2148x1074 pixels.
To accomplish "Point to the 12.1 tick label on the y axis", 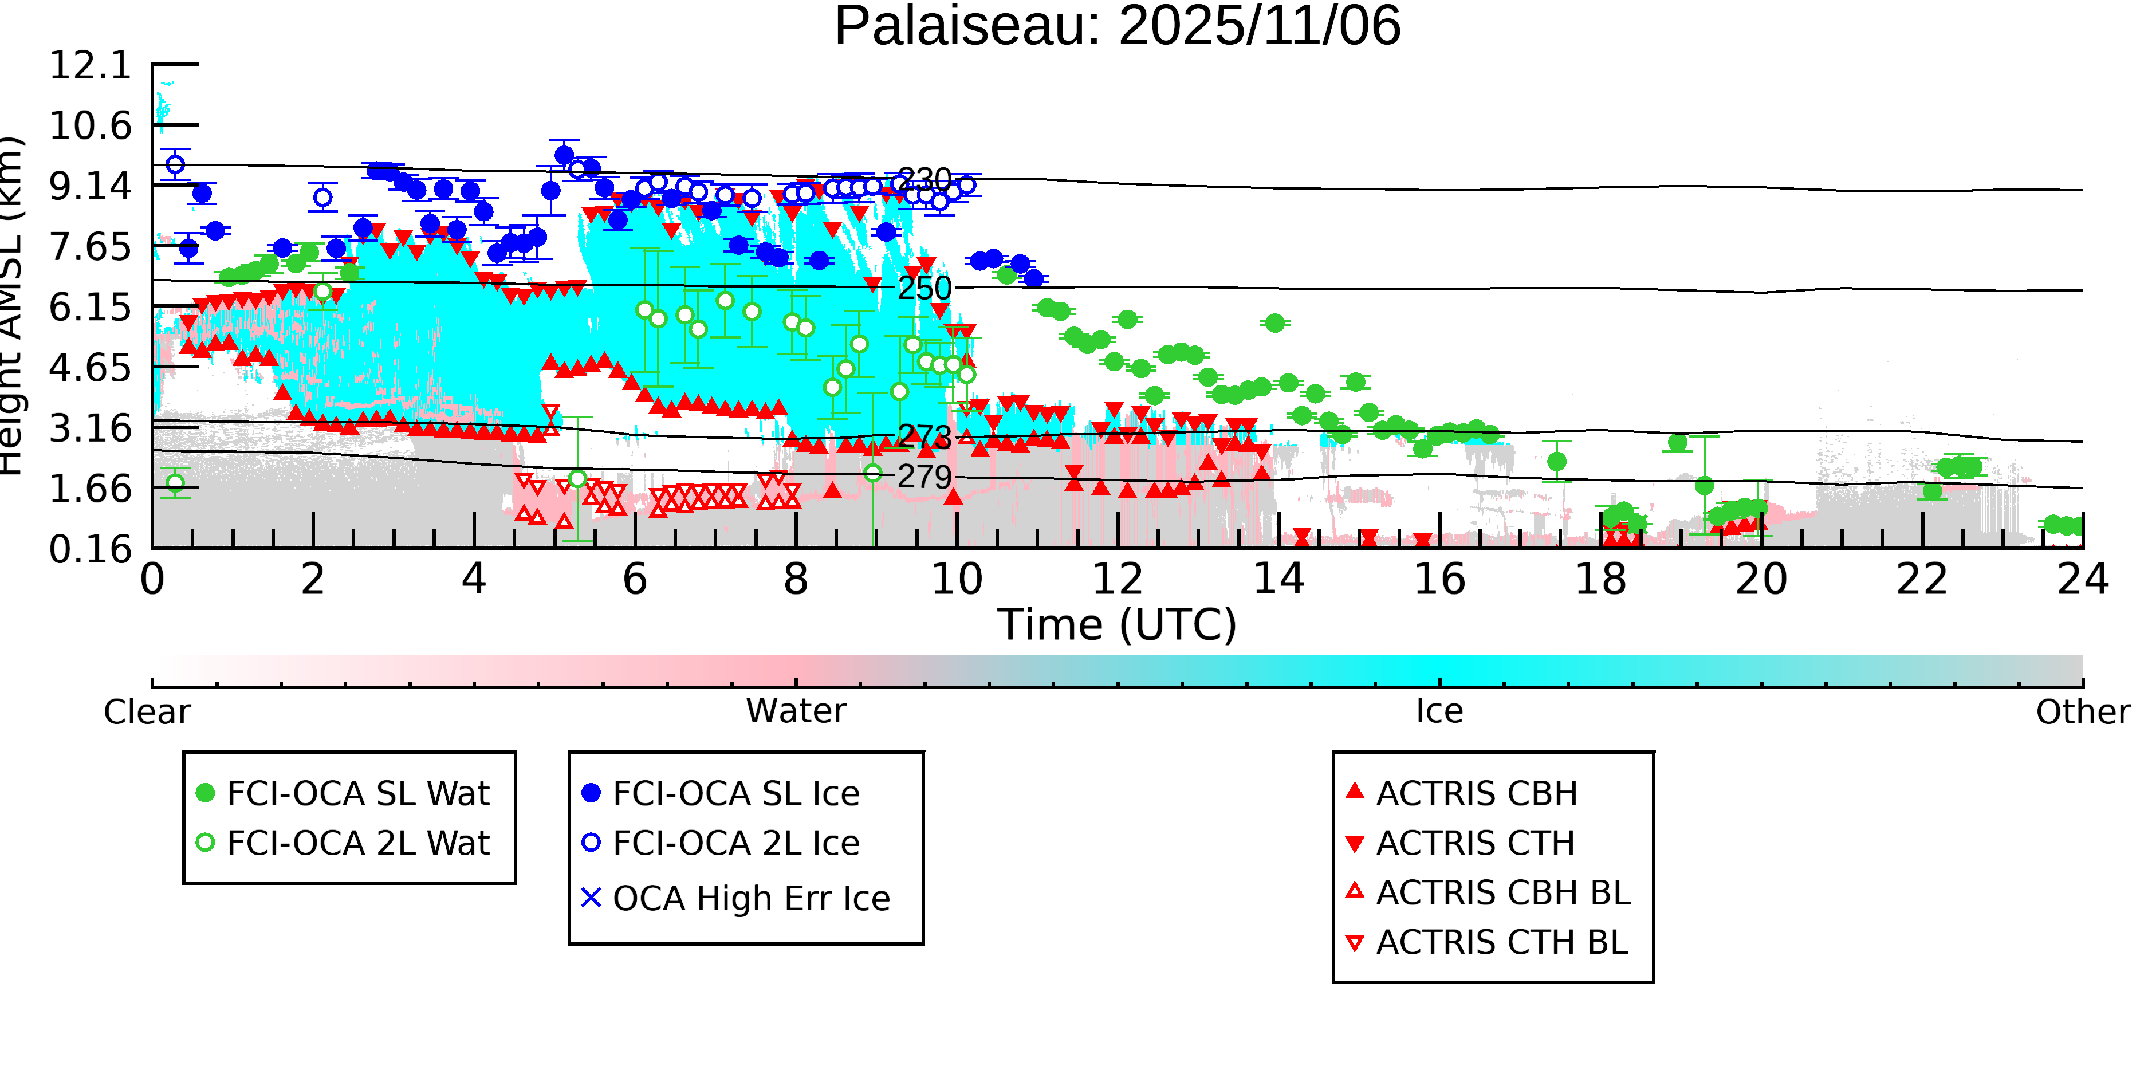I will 90,65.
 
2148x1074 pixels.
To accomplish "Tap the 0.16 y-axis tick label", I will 90,549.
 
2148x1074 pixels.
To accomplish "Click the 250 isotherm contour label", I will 924,289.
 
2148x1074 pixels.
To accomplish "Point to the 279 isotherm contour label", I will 924,477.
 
